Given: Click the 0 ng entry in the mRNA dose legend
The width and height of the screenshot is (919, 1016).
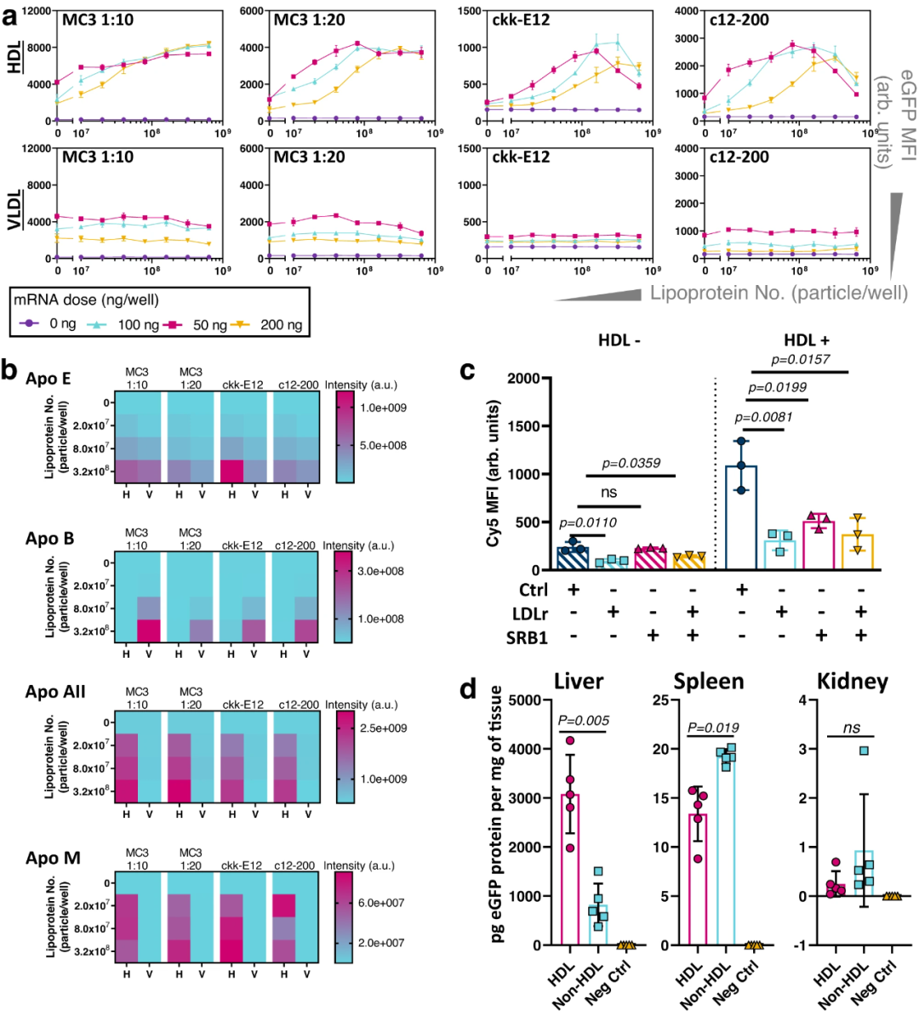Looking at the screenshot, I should (x=51, y=324).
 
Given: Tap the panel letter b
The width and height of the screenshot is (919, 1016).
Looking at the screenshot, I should (x=11, y=372).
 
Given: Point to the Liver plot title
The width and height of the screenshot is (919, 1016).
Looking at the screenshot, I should (x=579, y=682).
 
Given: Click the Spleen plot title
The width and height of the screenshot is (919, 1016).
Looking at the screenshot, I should (x=709, y=682).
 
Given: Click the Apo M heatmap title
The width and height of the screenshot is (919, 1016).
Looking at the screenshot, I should (x=53, y=858).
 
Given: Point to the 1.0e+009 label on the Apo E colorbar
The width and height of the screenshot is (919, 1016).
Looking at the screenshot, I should (x=384, y=408).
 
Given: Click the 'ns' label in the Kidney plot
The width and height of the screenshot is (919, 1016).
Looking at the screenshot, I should (x=852, y=728).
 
